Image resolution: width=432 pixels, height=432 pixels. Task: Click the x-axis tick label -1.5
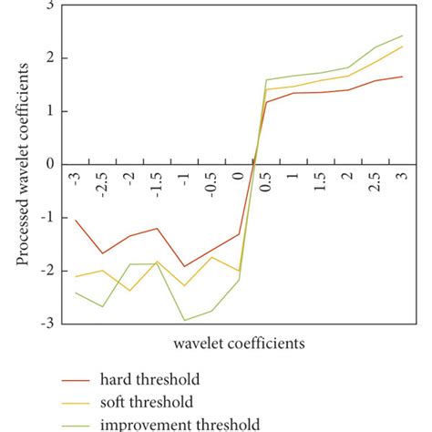coord(157,181)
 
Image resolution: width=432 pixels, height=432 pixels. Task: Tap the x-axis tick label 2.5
coord(375,180)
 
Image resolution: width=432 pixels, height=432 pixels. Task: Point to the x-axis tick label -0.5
coord(211,181)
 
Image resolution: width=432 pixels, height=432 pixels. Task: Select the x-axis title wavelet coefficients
coord(239,344)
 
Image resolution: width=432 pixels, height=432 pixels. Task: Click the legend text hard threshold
coord(149,378)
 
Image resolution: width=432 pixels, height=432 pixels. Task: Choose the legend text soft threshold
coord(147,401)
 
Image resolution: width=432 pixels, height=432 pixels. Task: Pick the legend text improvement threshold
coord(180,424)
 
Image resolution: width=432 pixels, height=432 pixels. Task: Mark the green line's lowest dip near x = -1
coord(184,320)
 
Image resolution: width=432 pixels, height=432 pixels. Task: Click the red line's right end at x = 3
coord(403,77)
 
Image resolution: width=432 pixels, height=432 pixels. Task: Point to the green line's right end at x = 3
coord(403,36)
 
